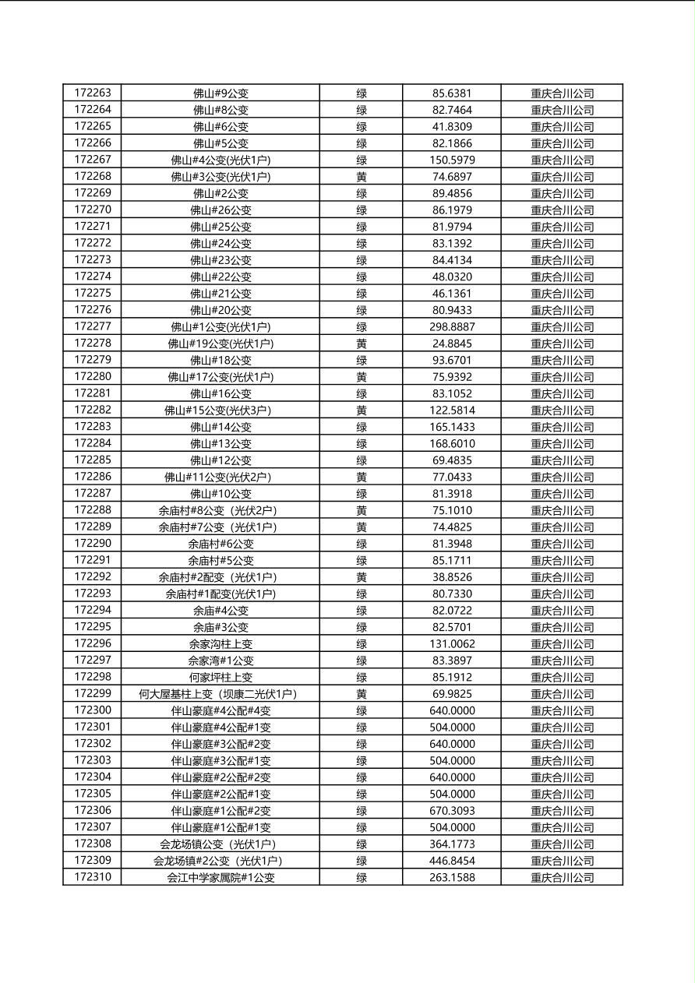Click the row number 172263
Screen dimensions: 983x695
93,93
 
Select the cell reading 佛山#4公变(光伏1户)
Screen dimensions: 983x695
220,160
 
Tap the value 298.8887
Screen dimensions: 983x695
452,326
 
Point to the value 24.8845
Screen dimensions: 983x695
452,344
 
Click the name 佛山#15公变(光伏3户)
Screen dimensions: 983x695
220,410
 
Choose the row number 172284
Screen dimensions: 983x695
93,443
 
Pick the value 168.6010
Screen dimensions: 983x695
452,443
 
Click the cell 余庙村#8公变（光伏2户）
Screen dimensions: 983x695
220,510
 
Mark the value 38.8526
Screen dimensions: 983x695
452,577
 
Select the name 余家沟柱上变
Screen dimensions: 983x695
220,643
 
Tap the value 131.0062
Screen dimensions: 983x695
452,643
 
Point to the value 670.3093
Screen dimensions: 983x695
452,810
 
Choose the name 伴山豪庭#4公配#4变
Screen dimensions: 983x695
220,710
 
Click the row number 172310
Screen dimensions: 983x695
93,877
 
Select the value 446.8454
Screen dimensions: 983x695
452,861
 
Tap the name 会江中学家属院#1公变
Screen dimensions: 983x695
220,877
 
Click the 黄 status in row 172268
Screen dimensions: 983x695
362,177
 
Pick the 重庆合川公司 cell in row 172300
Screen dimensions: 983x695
562,710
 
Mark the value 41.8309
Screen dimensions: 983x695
452,126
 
